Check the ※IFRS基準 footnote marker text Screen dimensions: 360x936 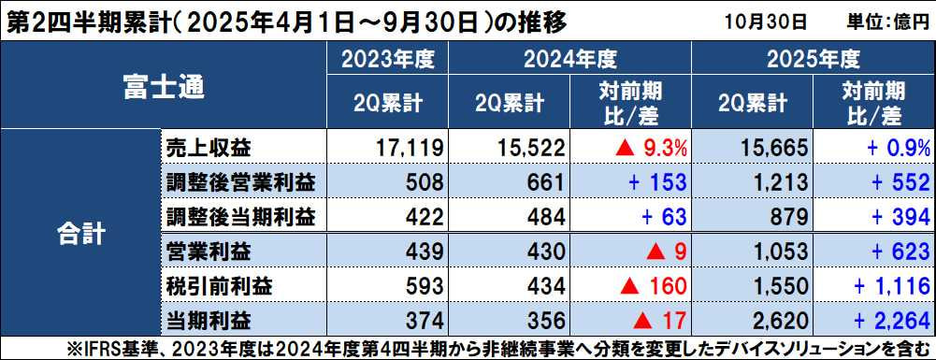[x=103, y=349]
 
